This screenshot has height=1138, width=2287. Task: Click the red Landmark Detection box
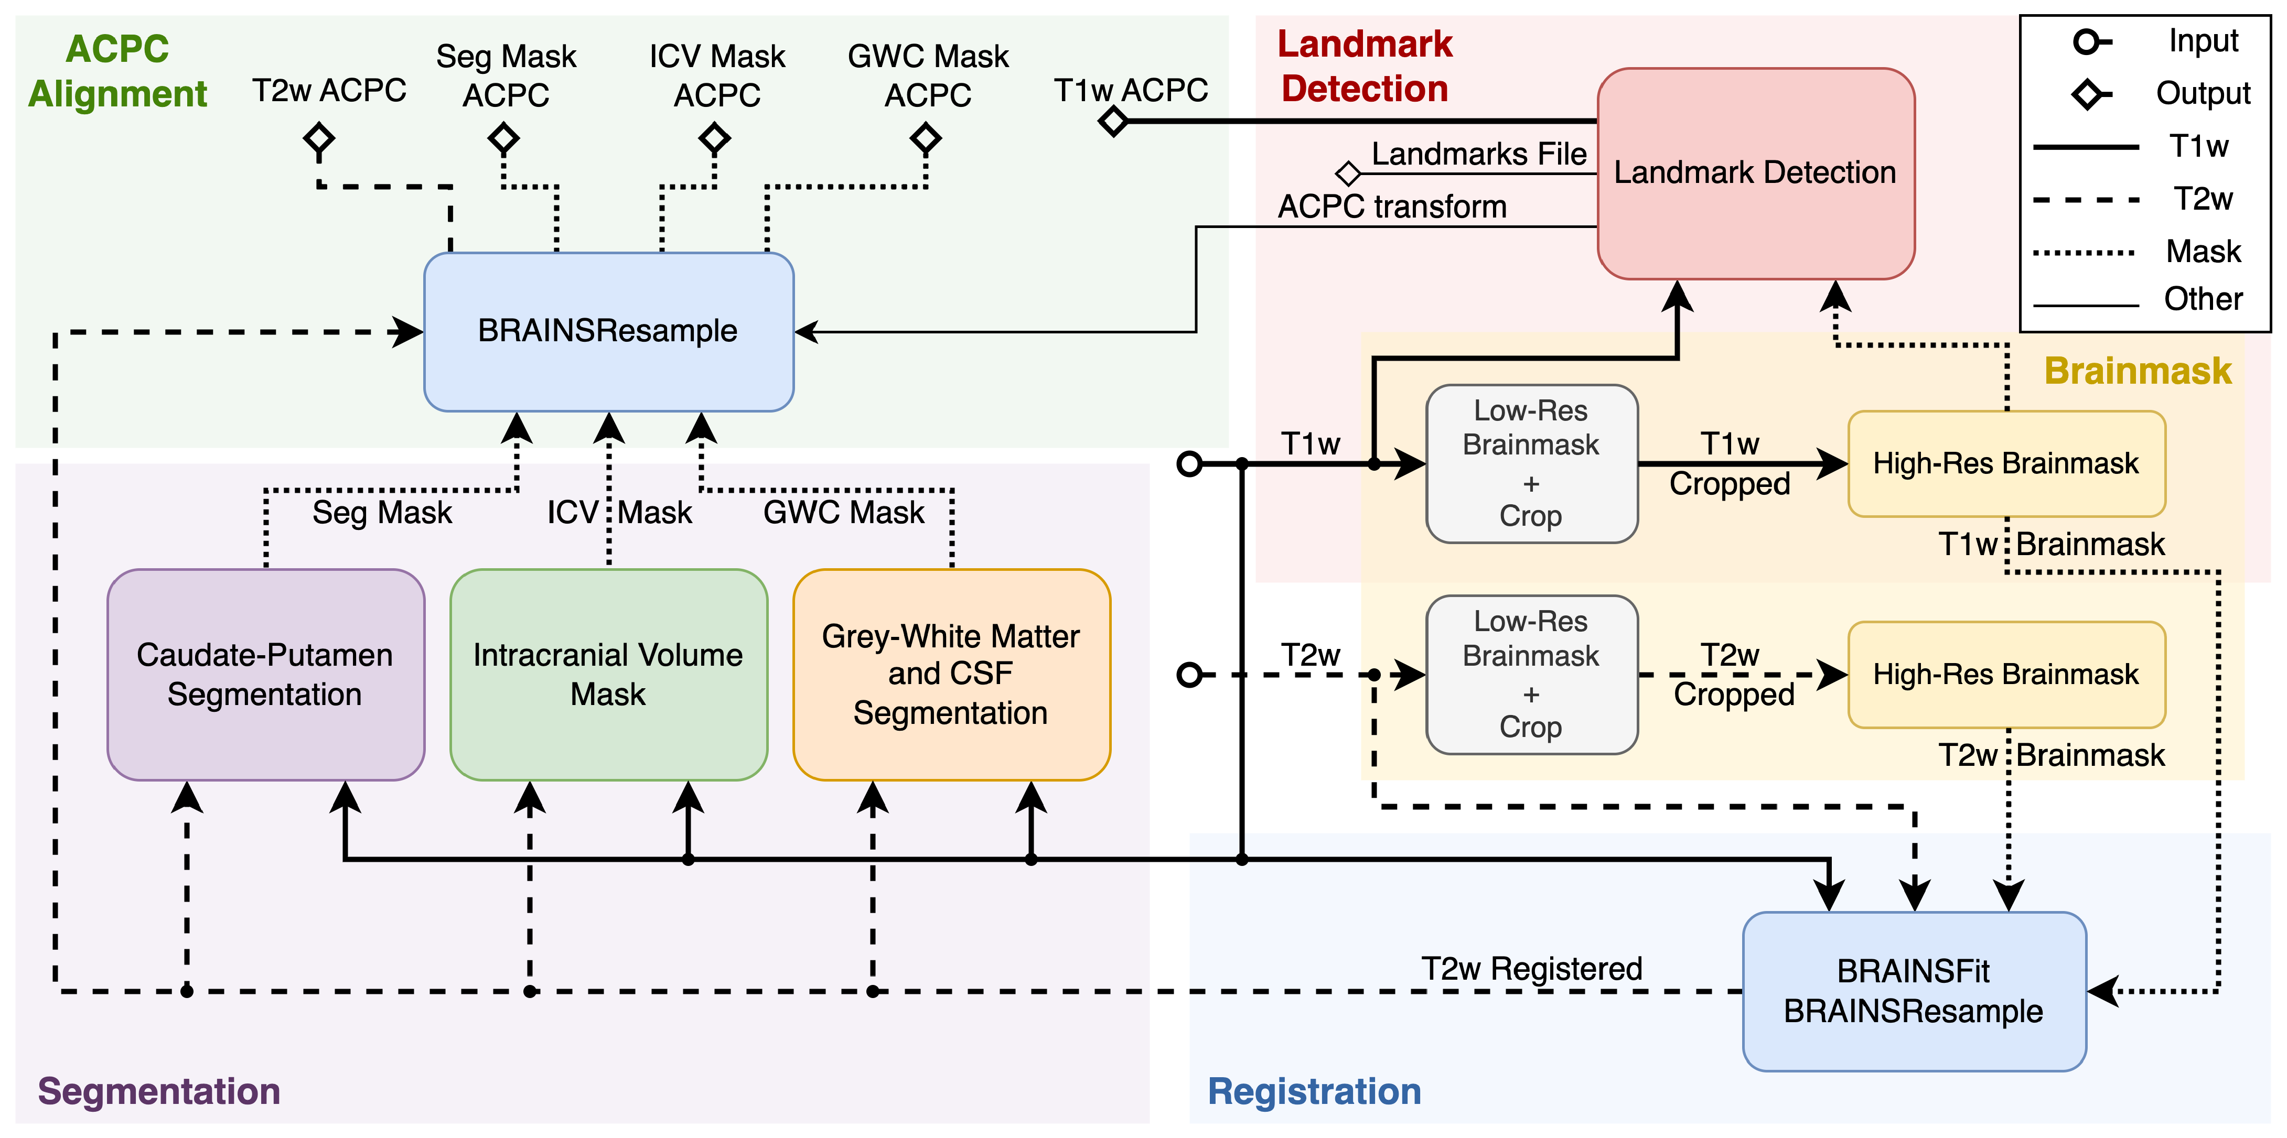pos(1755,173)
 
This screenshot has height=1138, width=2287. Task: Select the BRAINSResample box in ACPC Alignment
pos(608,331)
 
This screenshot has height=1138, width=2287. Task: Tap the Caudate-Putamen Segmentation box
pos(264,675)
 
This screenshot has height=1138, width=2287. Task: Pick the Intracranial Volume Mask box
pos(608,675)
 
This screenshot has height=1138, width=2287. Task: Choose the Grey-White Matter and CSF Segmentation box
pos(951,675)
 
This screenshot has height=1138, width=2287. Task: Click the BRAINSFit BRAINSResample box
pos(1913,991)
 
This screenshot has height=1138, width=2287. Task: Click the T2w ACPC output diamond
pos(319,138)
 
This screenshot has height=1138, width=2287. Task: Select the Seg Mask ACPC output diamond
pos(503,138)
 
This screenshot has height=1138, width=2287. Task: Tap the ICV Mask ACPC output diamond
pos(715,138)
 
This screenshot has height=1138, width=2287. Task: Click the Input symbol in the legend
pos(2089,42)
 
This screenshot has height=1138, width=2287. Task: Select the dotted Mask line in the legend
pos(2084,252)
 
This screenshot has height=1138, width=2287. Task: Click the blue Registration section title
pos(1314,1091)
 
